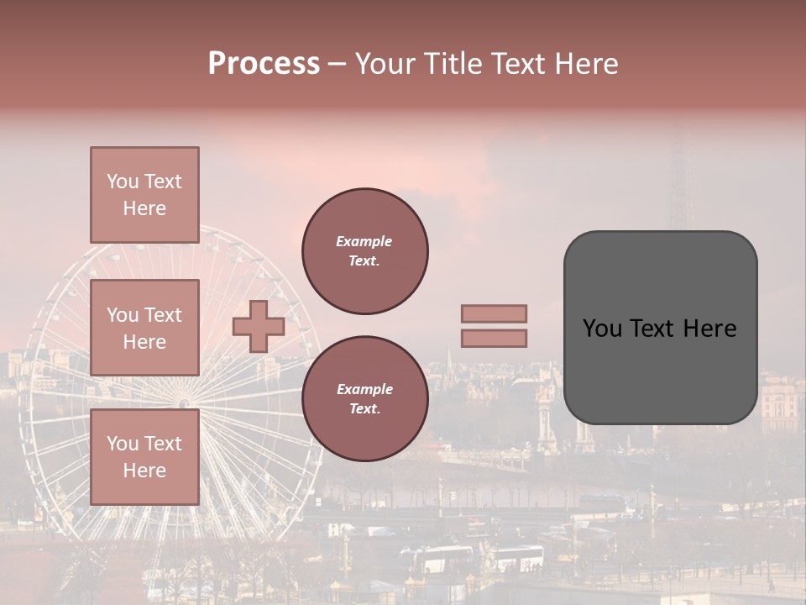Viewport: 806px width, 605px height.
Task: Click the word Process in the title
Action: [x=264, y=64]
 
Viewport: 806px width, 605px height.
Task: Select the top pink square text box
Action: [x=144, y=195]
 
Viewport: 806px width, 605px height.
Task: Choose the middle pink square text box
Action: [x=144, y=328]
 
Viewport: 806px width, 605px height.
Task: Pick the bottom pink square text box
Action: [x=144, y=457]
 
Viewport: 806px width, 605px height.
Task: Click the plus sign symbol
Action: [x=259, y=326]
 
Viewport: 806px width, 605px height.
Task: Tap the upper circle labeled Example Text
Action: [x=364, y=251]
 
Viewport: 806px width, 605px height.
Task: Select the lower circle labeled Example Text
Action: [x=364, y=399]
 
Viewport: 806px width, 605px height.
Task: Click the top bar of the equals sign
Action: [x=494, y=313]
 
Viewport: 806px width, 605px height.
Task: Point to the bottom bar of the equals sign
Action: [x=494, y=338]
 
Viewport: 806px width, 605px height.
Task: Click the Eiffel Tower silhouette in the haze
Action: [x=680, y=193]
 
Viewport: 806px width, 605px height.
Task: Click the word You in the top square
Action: [x=123, y=181]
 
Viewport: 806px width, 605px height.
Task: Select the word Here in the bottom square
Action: [x=144, y=471]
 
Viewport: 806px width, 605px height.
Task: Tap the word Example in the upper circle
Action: [x=364, y=241]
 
